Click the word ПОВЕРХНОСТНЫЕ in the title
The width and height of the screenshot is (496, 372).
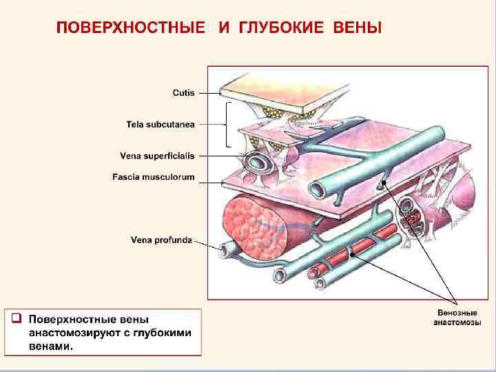click(x=131, y=29)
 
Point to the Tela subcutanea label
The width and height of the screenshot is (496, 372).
click(x=161, y=125)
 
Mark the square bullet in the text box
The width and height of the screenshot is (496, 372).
click(x=16, y=318)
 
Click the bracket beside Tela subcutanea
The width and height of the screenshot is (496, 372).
click(x=228, y=124)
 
